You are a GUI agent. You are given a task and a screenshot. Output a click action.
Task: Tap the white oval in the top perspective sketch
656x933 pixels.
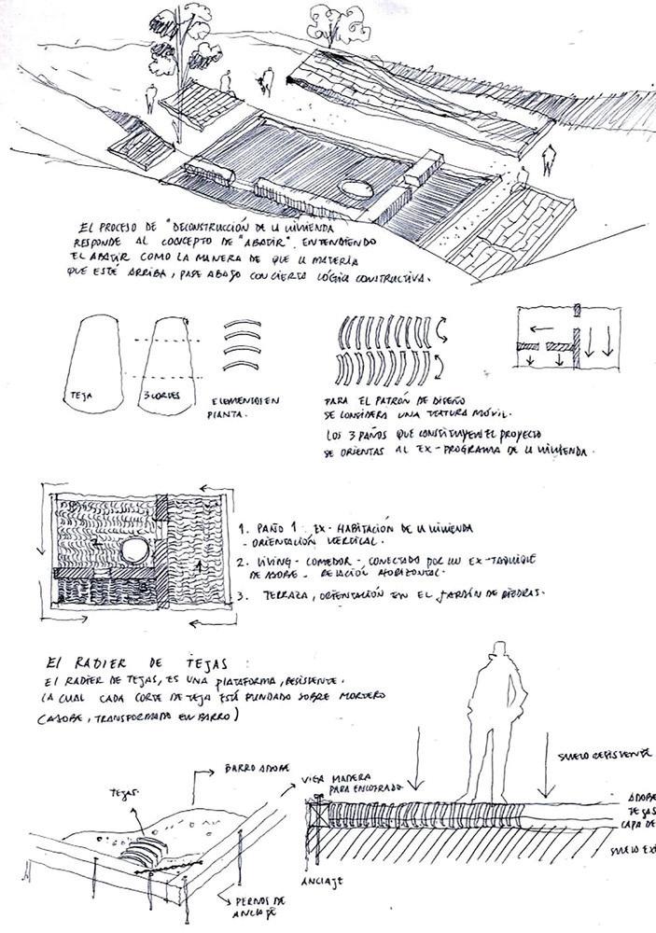coord(356,188)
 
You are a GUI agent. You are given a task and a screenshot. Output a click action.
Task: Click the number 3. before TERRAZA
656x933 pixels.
coord(243,593)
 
